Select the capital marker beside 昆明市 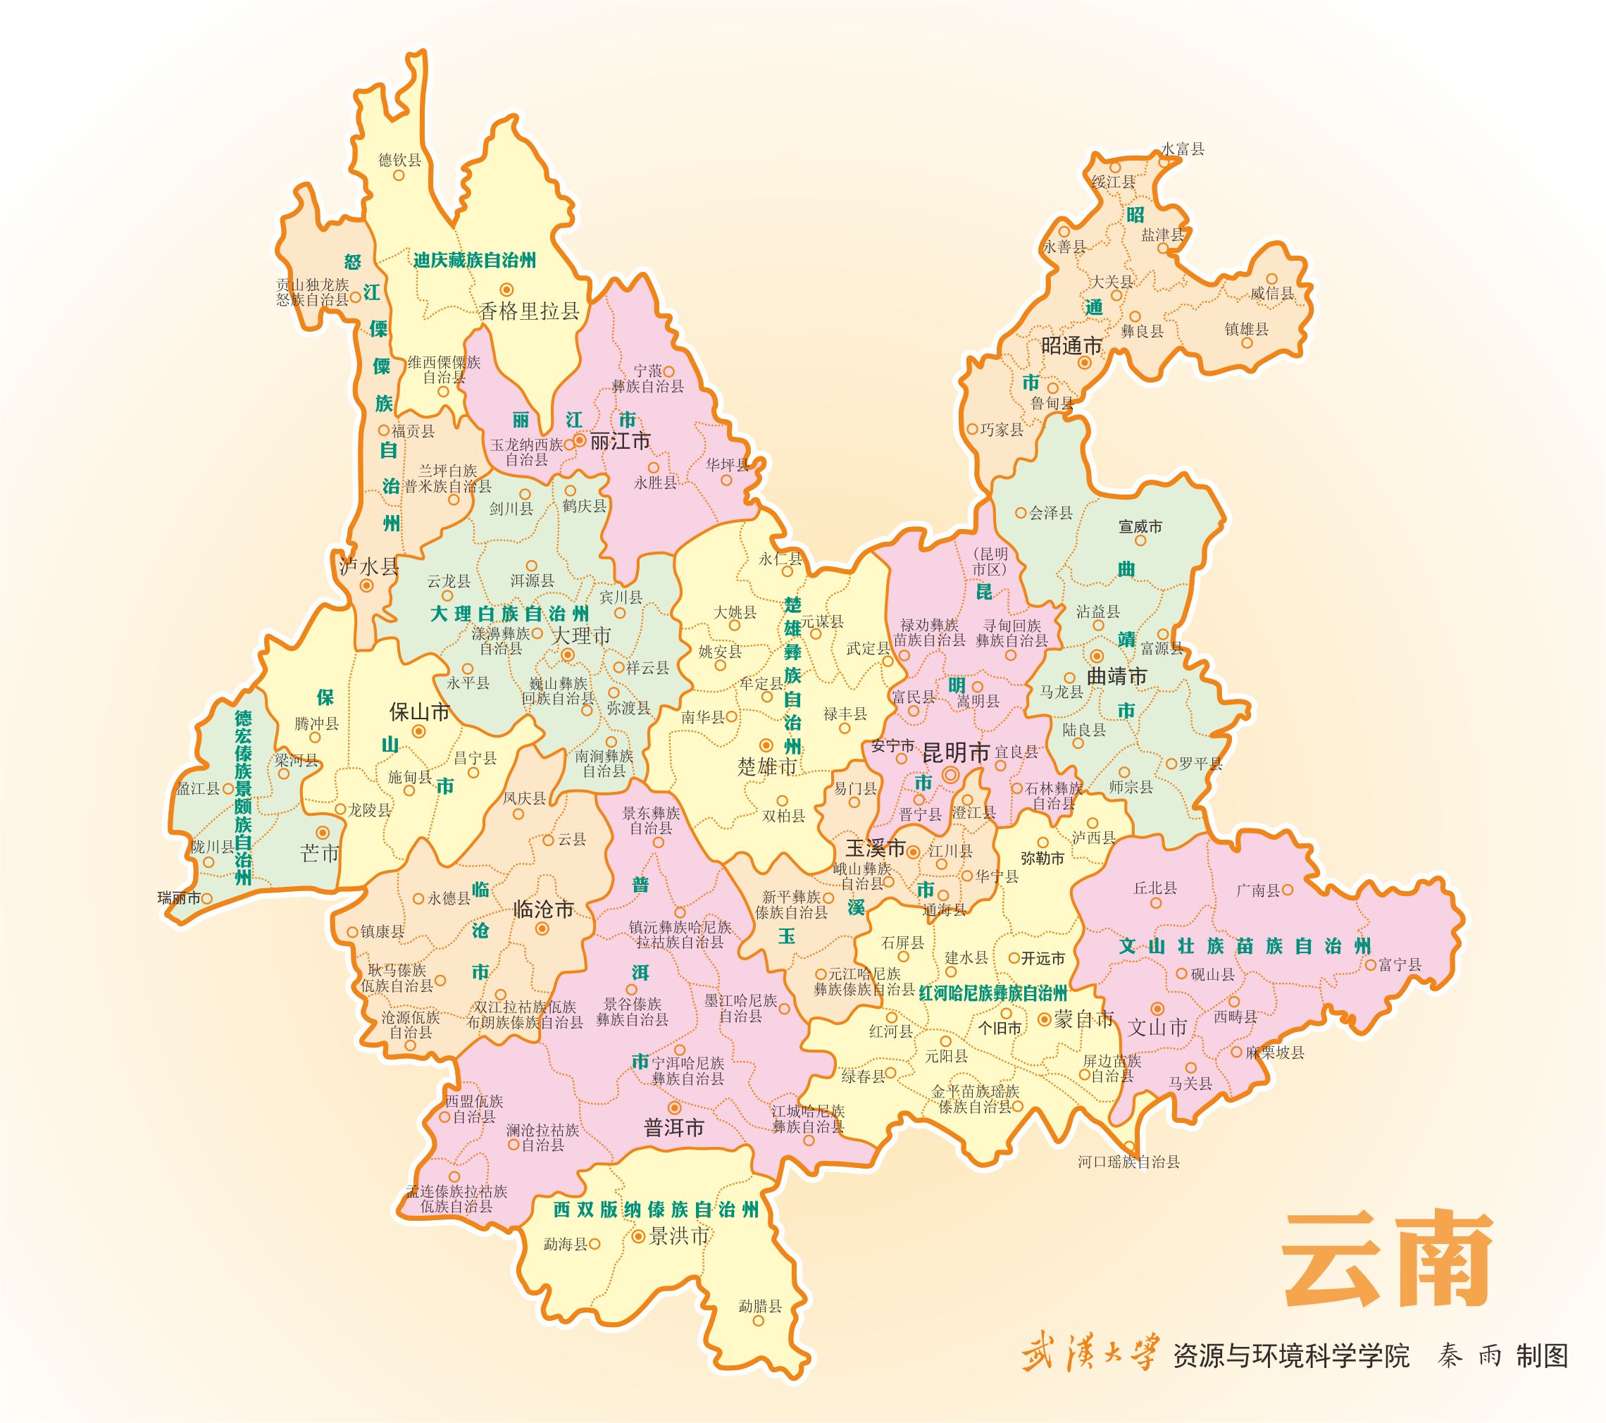pyautogui.click(x=951, y=776)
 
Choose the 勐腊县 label pyautogui.click(x=760, y=1306)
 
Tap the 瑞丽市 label pyautogui.click(x=179, y=898)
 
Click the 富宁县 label pyautogui.click(x=1400, y=964)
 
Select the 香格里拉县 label pyautogui.click(x=530, y=311)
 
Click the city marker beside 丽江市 pyautogui.click(x=579, y=441)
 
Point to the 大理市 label pyautogui.click(x=583, y=635)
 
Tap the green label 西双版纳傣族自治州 pyautogui.click(x=656, y=1210)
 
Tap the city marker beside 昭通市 pyautogui.click(x=1084, y=363)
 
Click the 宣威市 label pyautogui.click(x=1140, y=526)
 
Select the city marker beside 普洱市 pyautogui.click(x=673, y=1107)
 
